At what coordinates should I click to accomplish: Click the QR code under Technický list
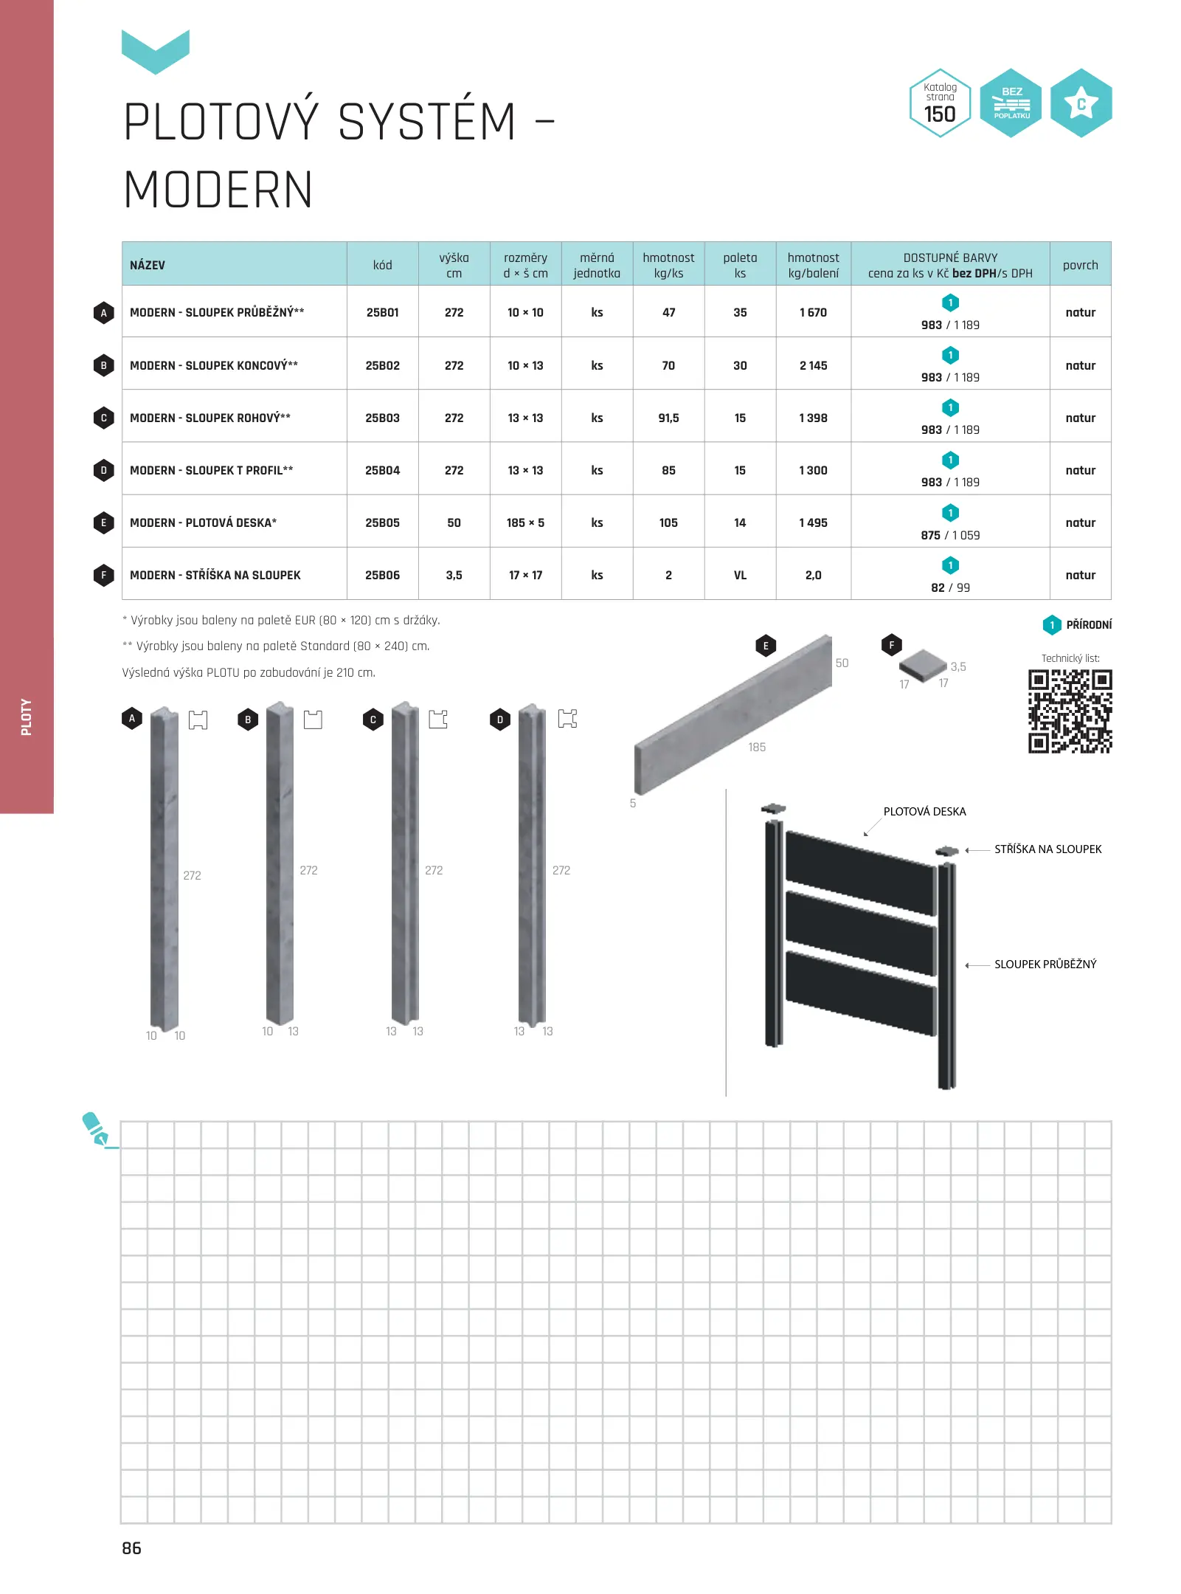point(1070,711)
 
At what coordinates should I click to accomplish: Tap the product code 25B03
point(382,418)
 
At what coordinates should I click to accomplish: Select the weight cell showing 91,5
point(668,418)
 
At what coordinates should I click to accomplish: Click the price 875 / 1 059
point(950,535)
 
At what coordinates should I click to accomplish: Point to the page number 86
point(131,1548)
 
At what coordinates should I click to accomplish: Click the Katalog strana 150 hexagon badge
point(940,103)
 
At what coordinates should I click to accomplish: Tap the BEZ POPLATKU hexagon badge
point(1011,103)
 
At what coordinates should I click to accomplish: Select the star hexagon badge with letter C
point(1081,103)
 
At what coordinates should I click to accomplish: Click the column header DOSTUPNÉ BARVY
point(950,258)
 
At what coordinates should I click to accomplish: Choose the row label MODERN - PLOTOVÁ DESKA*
point(203,523)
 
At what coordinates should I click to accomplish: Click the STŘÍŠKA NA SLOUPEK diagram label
point(1047,849)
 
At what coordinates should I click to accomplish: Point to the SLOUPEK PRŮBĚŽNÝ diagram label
point(1045,965)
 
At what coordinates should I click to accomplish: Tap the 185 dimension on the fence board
point(757,748)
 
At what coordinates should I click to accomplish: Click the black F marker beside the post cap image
point(891,645)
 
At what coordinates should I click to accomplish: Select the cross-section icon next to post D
point(567,719)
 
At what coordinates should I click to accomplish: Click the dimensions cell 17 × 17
point(525,576)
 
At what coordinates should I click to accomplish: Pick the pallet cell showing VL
point(740,576)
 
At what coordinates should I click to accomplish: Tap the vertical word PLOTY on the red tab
point(27,717)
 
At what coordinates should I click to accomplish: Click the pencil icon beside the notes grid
point(96,1129)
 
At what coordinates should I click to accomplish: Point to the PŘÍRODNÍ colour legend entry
point(1088,625)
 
